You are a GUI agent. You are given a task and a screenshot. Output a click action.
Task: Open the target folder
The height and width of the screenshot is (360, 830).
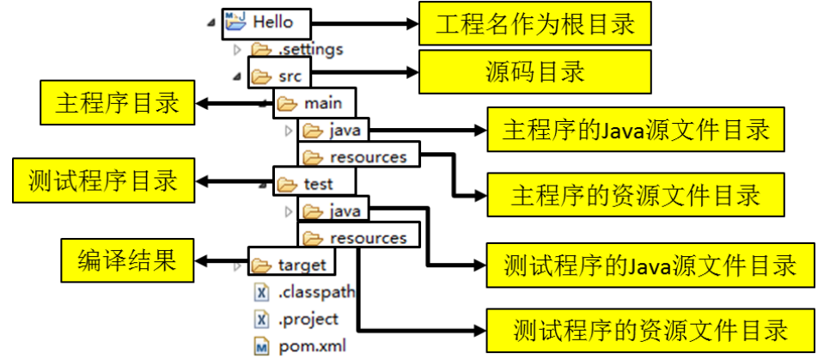click(x=301, y=264)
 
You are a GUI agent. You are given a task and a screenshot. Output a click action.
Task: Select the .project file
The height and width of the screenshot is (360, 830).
click(x=308, y=320)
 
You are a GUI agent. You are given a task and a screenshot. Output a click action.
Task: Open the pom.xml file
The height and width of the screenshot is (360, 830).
click(x=308, y=347)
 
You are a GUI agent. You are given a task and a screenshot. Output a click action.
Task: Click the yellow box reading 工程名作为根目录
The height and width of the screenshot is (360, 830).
click(x=534, y=24)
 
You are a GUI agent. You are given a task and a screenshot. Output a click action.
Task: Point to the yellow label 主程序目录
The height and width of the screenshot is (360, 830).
click(x=117, y=104)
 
